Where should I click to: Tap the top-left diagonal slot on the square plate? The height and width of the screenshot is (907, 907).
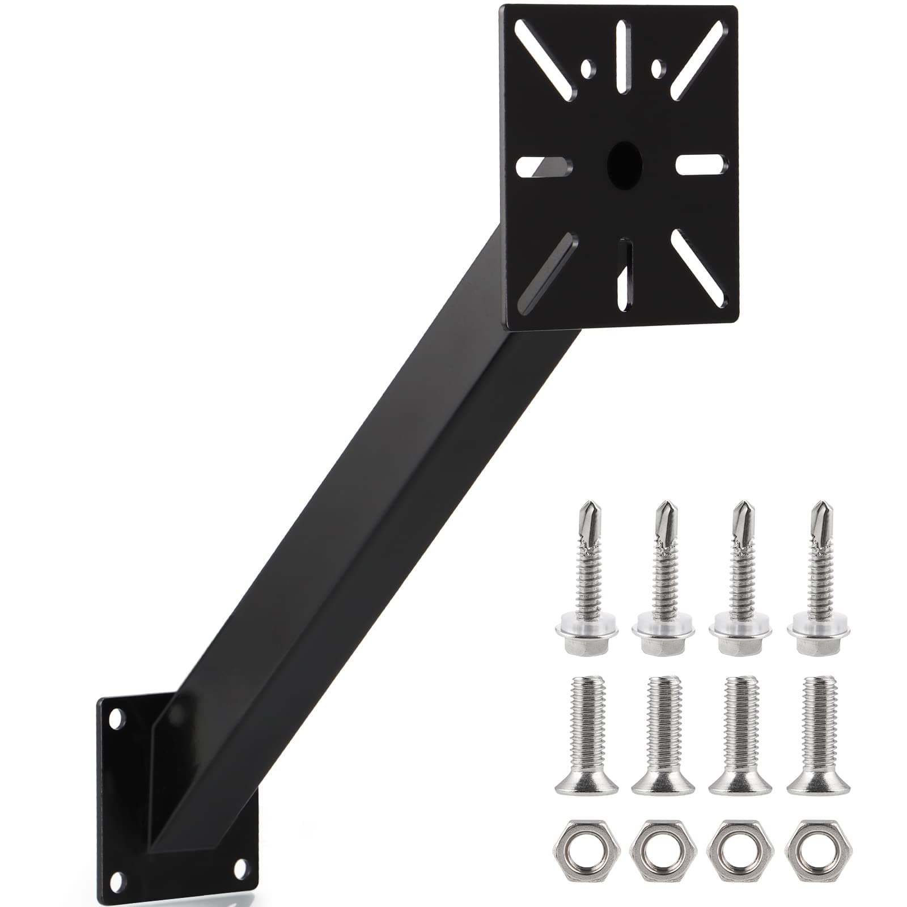coord(548,60)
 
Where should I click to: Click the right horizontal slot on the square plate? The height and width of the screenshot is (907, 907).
coord(701,164)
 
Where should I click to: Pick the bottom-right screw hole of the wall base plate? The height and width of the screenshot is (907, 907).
coord(240,867)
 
